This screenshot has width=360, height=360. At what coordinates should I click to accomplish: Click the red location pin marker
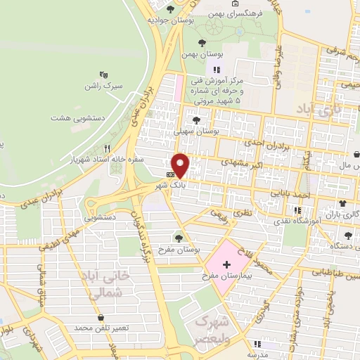[x=181, y=165]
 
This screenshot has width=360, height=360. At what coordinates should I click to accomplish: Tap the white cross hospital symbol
[x=226, y=265]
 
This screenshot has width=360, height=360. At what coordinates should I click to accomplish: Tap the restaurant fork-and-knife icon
[x=107, y=148]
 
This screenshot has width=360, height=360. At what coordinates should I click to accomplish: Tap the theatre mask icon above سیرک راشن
[x=104, y=73]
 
